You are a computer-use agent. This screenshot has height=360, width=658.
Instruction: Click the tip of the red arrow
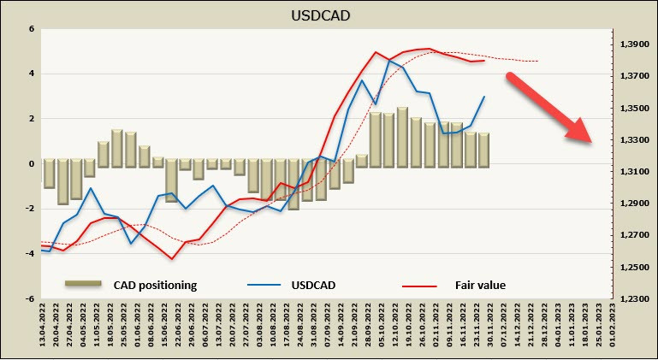(x=591, y=143)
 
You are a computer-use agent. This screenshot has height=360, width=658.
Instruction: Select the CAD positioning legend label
(x=155, y=285)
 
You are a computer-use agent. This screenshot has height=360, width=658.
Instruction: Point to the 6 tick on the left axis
(x=31, y=28)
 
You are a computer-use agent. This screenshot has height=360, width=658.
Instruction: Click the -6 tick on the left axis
(x=29, y=299)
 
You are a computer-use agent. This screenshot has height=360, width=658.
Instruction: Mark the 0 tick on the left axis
(x=31, y=163)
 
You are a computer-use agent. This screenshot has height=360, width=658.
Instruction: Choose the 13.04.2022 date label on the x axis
(x=43, y=329)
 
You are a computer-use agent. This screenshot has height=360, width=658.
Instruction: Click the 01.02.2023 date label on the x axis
(x=612, y=329)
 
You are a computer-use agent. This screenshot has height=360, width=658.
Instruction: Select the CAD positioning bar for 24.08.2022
(x=293, y=185)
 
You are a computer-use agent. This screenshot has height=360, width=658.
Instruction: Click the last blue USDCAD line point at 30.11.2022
(x=484, y=97)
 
